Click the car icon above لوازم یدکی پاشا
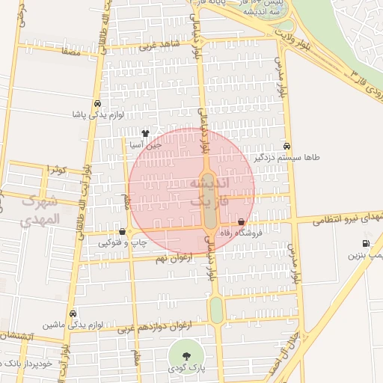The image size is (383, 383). point(98,104)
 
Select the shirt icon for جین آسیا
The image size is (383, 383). point(145,133)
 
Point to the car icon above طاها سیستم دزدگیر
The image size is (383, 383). point(288,146)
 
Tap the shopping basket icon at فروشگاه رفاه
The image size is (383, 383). point(241,222)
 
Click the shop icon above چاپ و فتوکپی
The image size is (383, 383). point(122,232)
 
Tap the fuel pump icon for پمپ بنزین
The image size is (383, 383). point(366,243)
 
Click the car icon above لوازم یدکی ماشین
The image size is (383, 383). point(73,314)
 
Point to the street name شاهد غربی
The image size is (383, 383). point(155,45)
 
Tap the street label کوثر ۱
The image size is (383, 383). point(57,169)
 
